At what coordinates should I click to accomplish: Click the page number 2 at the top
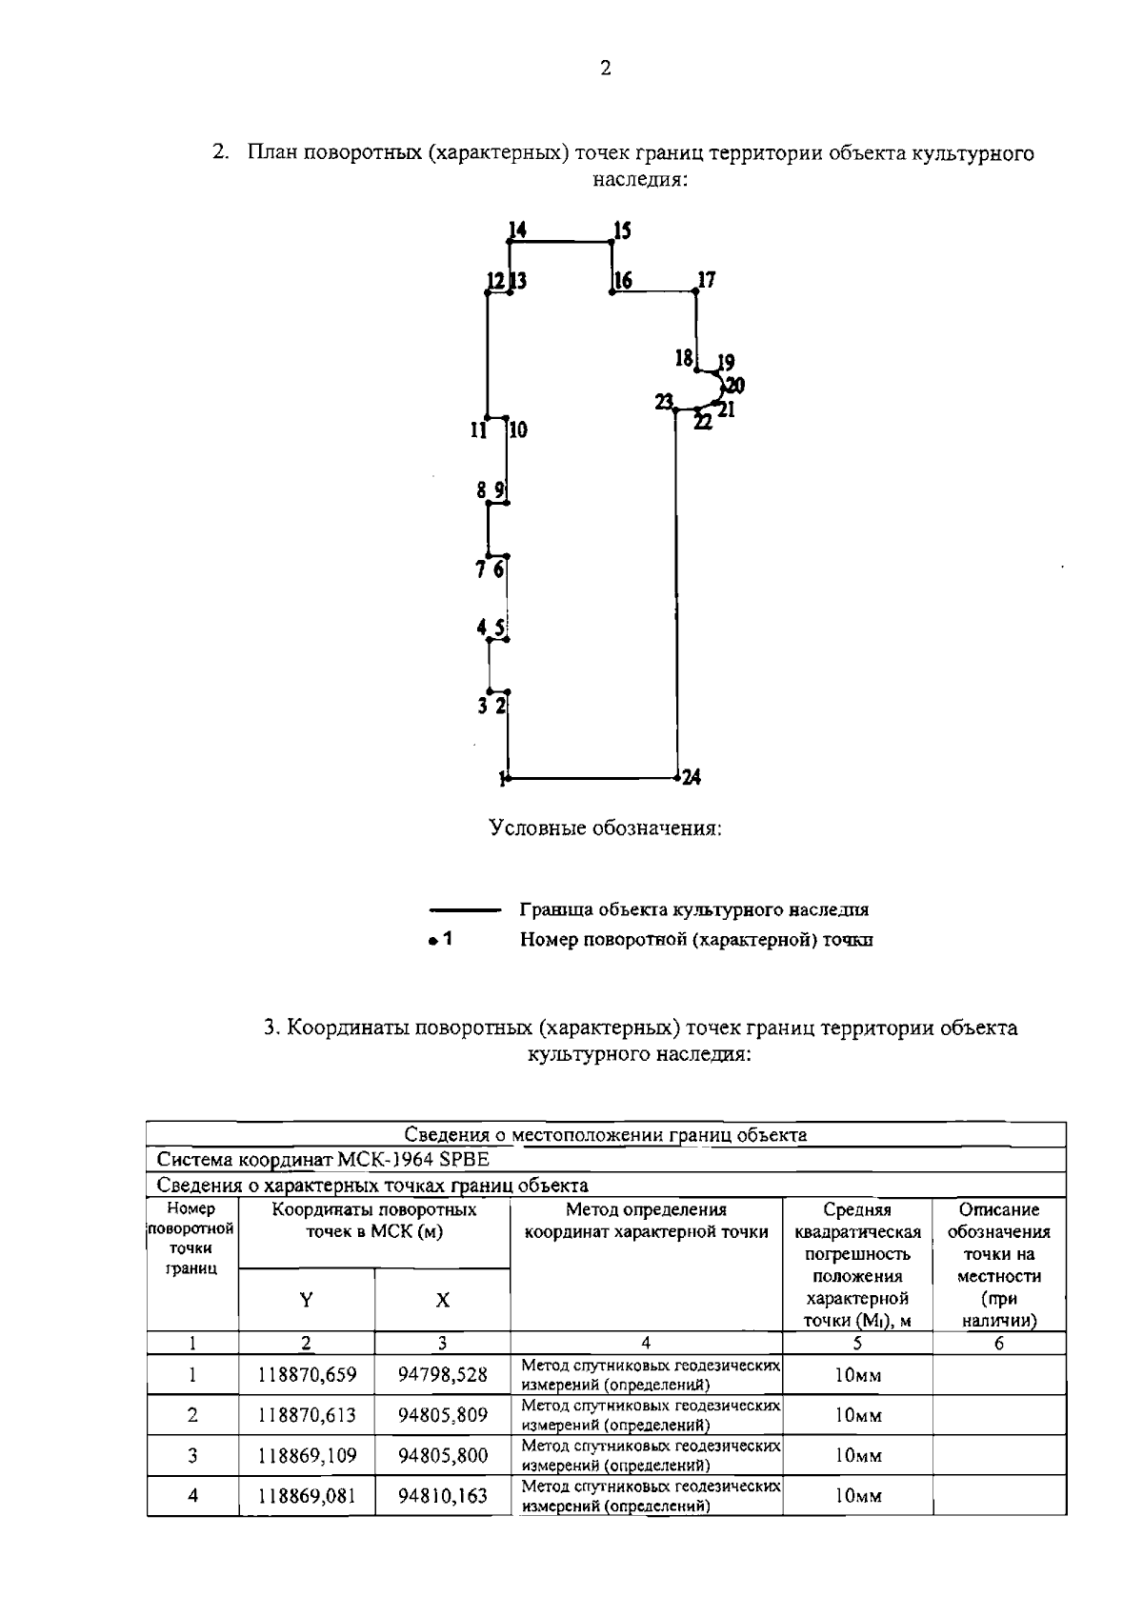click(x=606, y=68)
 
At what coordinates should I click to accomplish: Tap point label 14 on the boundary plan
click(x=517, y=229)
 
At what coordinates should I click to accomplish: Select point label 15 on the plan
click(x=622, y=229)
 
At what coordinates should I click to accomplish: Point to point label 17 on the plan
click(x=706, y=280)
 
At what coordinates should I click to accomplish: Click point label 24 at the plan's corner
click(x=692, y=777)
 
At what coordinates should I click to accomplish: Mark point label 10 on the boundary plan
click(x=517, y=430)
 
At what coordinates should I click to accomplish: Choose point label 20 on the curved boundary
click(x=734, y=386)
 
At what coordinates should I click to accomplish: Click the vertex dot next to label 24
click(x=676, y=778)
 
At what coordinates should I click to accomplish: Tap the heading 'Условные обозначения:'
click(x=606, y=828)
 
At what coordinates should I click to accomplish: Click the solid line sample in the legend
click(x=465, y=910)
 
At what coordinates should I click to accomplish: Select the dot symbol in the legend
click(x=432, y=941)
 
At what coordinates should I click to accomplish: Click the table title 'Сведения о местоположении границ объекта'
click(x=606, y=1134)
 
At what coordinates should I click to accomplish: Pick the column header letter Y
click(x=306, y=1300)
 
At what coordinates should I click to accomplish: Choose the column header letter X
click(x=443, y=1300)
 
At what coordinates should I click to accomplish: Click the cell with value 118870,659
click(x=307, y=1375)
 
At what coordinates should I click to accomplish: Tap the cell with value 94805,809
click(x=443, y=1415)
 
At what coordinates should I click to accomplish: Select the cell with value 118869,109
click(x=307, y=1455)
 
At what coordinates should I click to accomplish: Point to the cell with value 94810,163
click(x=443, y=1495)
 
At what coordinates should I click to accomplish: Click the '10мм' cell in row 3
click(x=857, y=1455)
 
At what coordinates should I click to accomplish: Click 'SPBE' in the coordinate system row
click(x=463, y=1160)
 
